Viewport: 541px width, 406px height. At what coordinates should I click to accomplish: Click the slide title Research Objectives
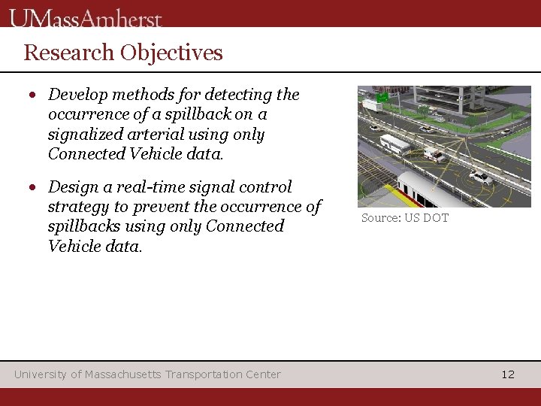click(123, 53)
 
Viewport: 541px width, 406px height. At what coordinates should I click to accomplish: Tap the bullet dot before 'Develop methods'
click(33, 95)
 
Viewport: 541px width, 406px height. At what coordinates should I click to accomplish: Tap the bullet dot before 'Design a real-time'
click(33, 188)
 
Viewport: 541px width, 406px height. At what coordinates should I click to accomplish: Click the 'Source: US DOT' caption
click(404, 218)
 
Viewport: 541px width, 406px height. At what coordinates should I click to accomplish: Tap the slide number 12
click(508, 374)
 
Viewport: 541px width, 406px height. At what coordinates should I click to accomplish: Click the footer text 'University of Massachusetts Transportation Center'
click(147, 374)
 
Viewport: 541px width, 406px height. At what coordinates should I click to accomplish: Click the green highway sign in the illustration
click(382, 96)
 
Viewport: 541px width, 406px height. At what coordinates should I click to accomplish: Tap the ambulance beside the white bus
click(434, 154)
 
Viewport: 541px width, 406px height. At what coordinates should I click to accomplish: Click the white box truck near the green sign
click(372, 106)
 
